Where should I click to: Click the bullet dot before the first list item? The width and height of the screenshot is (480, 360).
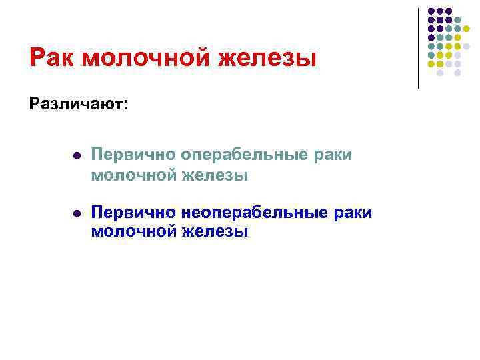pos(77,155)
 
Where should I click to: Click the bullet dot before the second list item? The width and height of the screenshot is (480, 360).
pos(77,213)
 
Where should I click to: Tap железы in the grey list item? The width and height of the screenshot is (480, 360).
pos(216,175)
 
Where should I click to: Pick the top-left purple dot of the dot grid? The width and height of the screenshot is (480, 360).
pos(431,12)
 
